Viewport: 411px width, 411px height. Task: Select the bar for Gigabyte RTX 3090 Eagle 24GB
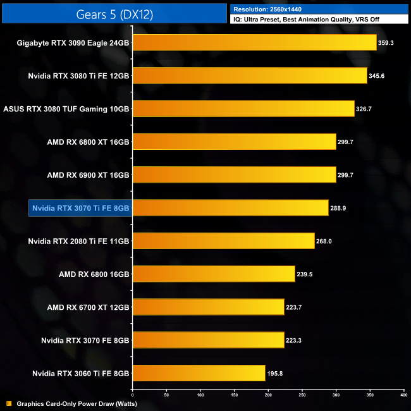[254, 43]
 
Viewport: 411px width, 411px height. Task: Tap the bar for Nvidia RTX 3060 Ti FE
[198, 373]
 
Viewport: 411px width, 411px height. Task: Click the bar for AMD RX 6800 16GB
[213, 274]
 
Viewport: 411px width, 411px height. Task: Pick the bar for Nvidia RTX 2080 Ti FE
[223, 241]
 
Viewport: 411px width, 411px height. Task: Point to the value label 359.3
[387, 43]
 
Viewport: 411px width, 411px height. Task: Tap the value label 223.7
[294, 307]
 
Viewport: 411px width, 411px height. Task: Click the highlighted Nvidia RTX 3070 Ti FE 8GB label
[80, 208]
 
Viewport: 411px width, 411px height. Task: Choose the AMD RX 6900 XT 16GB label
[89, 175]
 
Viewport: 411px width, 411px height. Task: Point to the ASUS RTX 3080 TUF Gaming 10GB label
[66, 109]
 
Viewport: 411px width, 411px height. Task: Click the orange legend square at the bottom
[9, 403]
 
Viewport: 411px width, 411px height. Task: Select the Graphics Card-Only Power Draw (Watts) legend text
[77, 403]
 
